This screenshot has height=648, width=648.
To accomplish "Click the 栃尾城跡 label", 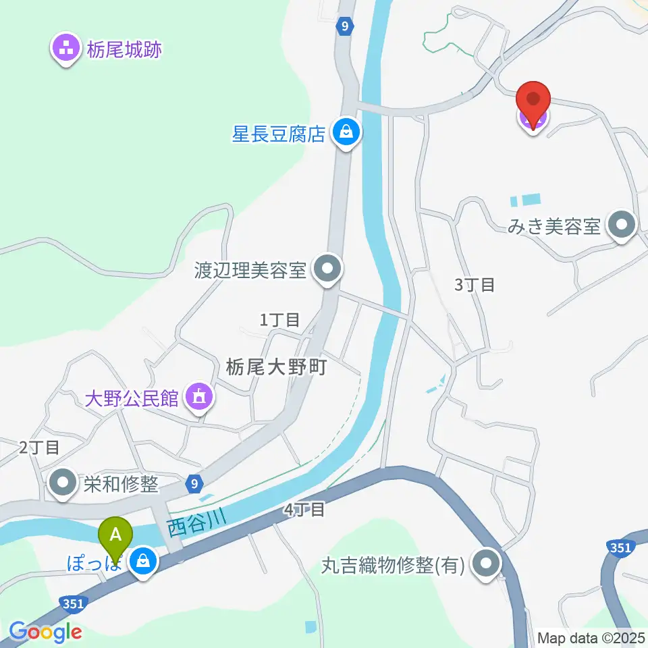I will point(124,49).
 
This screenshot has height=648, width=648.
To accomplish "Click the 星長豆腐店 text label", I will point(279,132).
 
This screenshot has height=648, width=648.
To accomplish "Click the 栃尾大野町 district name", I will point(276,367).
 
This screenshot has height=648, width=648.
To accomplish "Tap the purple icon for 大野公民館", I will point(198,397).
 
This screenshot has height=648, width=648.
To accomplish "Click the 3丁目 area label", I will point(475,285).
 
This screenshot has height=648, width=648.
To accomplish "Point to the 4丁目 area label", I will point(304,510).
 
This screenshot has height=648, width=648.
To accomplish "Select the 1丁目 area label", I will point(279,320).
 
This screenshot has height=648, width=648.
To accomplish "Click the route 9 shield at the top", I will point(345,27).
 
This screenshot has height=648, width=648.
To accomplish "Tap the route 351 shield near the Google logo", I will point(72,603).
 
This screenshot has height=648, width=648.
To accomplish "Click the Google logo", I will point(45,632).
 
